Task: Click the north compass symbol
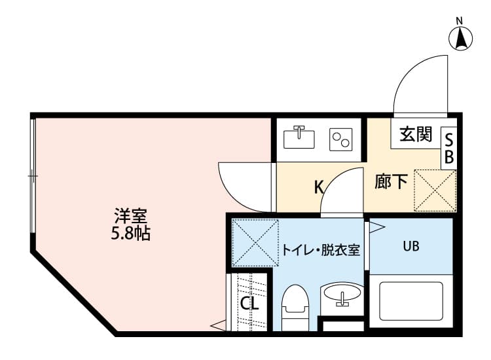(461, 38)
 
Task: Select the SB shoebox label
(449, 149)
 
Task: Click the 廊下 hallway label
(391, 181)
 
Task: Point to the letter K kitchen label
(319, 187)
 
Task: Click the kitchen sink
(299, 137)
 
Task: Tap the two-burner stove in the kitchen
(340, 139)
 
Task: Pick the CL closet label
(249, 304)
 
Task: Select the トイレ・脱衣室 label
(321, 249)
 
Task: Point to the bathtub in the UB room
(411, 301)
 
